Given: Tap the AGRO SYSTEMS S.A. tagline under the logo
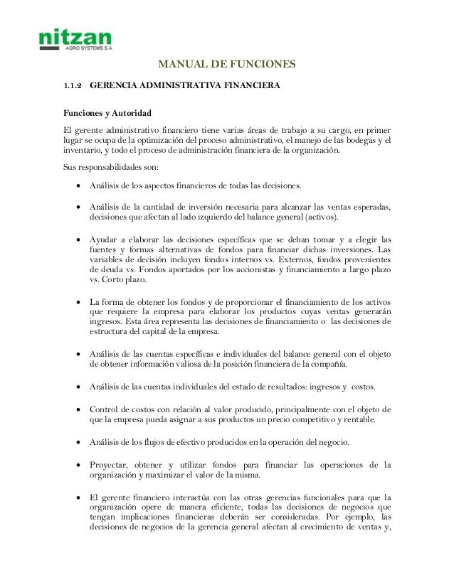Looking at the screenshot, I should tap(89, 50).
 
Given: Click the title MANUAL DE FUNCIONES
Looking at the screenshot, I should tap(226, 67).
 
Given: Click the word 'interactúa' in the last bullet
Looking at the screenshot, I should tap(196, 499).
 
